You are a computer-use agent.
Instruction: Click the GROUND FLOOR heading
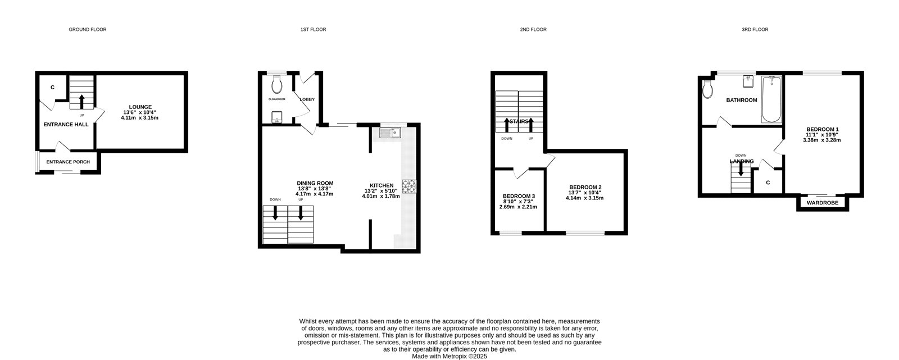(87, 29)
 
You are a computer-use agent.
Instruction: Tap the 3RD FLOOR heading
(754, 29)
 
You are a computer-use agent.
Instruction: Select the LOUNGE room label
(140, 107)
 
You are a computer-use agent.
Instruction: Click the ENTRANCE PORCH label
(68, 162)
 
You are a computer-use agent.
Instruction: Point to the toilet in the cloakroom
(276, 85)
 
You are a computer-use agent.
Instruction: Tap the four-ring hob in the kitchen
(408, 186)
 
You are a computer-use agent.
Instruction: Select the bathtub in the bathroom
(771, 99)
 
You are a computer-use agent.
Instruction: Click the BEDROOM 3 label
(518, 196)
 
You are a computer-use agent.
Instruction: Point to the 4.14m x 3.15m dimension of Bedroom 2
(584, 198)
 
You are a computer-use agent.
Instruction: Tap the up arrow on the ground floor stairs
(81, 101)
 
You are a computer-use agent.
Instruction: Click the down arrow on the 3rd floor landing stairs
(741, 169)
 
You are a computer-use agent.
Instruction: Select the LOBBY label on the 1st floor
(307, 99)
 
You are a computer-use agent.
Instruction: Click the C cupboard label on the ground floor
(52, 88)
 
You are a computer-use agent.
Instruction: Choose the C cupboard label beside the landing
(768, 183)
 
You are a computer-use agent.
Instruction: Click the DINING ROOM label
(315, 183)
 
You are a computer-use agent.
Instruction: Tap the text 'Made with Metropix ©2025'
(449, 356)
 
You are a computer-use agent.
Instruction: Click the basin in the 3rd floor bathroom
(748, 81)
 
